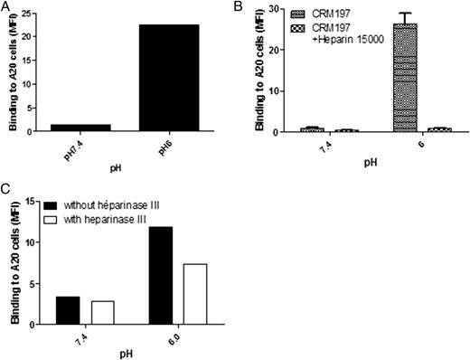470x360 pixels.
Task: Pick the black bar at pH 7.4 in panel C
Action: point(68,309)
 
